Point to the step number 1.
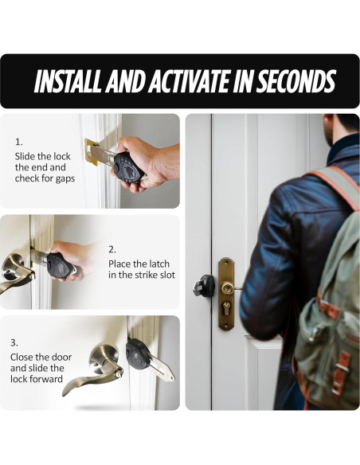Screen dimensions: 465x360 click(18, 142)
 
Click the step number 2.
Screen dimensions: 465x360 click(112, 249)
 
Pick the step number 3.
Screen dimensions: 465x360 click(14, 343)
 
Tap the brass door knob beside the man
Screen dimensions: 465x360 click(228, 287)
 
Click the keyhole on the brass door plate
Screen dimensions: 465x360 click(226, 313)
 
